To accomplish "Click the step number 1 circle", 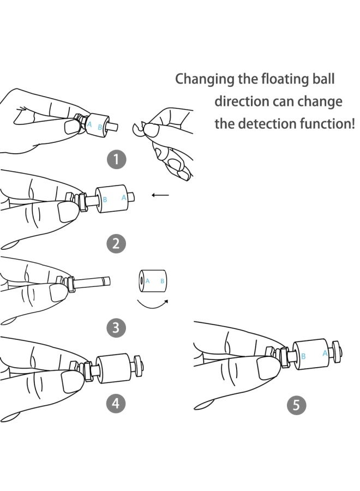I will tap(116, 159).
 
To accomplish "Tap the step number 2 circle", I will tap(116, 243).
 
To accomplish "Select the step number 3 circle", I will tap(116, 327).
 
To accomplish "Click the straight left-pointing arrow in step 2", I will tap(160, 195).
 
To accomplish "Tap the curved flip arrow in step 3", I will tap(153, 303).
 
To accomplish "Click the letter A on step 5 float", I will tap(325, 353).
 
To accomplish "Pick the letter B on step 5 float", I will tap(304, 356).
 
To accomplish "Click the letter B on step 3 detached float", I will tap(162, 281).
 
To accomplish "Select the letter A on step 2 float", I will tap(124, 197).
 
